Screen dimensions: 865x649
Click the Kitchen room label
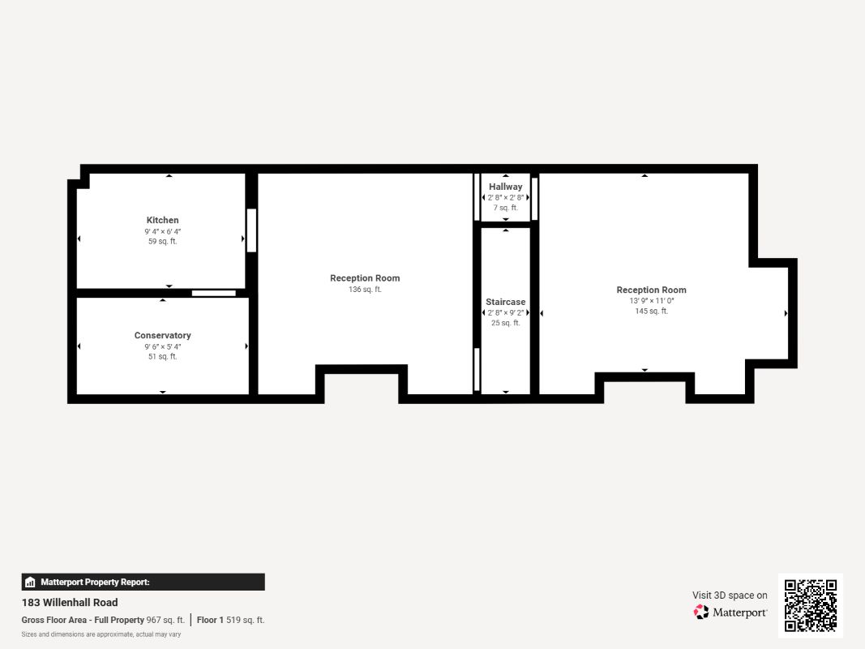point(162,220)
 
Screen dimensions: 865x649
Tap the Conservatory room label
point(162,336)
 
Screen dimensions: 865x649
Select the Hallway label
point(505,187)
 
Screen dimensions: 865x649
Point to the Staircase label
point(505,302)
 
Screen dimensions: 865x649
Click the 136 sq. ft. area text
point(365,289)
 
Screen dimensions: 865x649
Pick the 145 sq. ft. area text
point(651,312)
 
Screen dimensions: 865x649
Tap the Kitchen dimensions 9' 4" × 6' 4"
point(162,232)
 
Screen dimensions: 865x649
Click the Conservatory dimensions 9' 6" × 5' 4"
point(162,346)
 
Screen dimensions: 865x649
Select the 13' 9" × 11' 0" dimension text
point(651,301)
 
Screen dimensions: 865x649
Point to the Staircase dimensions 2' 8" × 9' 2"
point(505,313)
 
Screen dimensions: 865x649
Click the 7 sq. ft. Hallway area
point(505,208)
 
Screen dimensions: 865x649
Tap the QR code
point(811,605)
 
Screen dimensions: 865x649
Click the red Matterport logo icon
point(700,612)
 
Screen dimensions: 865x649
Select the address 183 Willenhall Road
point(70,603)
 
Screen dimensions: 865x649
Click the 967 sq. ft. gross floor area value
point(165,621)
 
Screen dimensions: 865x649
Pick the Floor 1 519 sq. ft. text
point(230,621)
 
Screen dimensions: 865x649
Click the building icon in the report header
point(30,582)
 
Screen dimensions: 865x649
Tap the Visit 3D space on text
point(730,595)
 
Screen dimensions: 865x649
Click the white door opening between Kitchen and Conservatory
point(213,293)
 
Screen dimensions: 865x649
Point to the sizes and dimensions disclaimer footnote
point(101,634)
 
